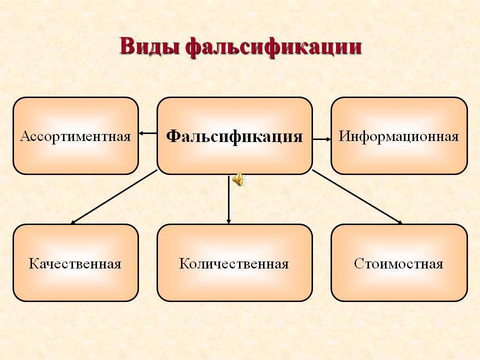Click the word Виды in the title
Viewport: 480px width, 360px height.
[149, 46]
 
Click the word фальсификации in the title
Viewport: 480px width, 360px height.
[273, 47]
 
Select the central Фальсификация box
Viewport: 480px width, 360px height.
[235, 136]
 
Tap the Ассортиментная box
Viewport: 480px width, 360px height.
[75, 136]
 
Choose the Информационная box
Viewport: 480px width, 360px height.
[399, 136]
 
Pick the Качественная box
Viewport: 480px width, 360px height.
[75, 263]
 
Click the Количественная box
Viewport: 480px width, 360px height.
[235, 263]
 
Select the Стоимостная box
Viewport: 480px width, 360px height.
[399, 263]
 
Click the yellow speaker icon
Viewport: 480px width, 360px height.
[239, 179]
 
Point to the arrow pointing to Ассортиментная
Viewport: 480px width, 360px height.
[148, 133]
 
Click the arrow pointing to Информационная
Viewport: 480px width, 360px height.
[321, 139]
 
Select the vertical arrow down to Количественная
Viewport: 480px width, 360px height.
[228, 199]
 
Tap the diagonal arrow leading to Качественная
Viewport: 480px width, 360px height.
[114, 197]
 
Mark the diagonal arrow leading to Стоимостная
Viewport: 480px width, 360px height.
[357, 197]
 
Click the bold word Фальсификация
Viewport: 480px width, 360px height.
[234, 136]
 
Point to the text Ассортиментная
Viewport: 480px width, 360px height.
[75, 136]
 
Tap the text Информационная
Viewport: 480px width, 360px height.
[399, 136]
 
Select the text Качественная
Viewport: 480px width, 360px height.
[75, 264]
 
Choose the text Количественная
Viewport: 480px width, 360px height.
[234, 264]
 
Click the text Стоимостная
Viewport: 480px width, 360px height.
[399, 264]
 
